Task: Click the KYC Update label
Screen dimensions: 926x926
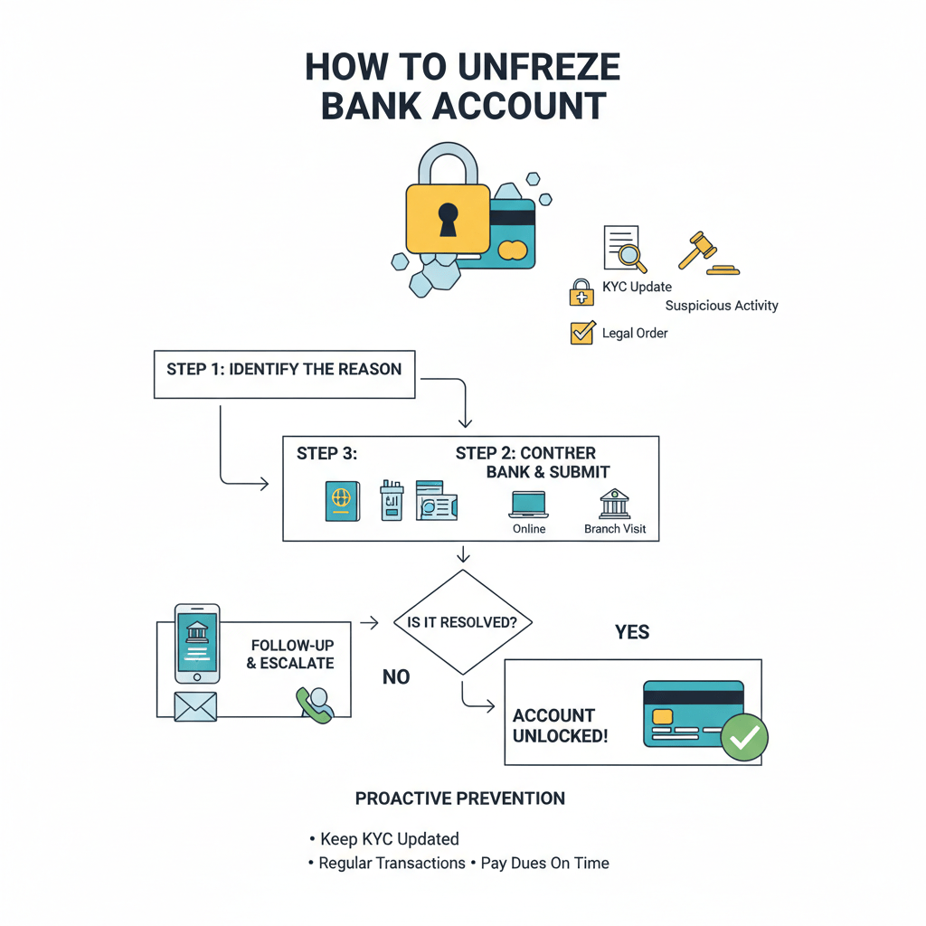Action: point(637,287)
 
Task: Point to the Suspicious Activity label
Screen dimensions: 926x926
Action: point(721,306)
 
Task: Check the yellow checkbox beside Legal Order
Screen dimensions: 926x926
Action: point(581,333)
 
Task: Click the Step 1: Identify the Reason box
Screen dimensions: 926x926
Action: point(284,373)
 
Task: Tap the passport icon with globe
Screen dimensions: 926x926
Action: point(342,500)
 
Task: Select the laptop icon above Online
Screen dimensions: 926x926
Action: point(528,505)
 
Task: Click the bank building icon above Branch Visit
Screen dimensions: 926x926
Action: point(615,504)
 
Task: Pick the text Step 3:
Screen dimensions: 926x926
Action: point(326,454)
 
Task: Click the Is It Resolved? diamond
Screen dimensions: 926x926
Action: point(463,622)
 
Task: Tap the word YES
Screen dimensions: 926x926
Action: point(632,632)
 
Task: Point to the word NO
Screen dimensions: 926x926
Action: point(396,677)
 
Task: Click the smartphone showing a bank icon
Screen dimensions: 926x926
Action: point(197,643)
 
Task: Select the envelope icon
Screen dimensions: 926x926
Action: point(195,706)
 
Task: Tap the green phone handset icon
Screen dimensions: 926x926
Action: point(314,704)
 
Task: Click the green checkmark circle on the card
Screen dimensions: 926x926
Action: point(744,738)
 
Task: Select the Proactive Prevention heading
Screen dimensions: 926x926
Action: point(459,798)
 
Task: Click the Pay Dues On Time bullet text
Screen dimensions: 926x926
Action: point(544,863)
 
